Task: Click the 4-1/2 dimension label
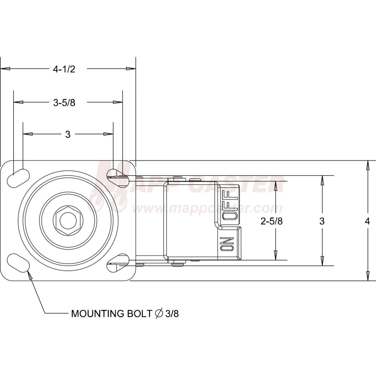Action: coord(64,69)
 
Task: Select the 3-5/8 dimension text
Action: coord(64,103)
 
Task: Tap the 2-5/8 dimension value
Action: coord(272,221)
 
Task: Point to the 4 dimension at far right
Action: coord(367,221)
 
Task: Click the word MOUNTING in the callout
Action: coord(97,314)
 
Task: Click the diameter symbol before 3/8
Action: coord(159,314)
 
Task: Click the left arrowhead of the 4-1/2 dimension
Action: coord(5,69)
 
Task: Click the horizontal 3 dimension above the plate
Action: coord(68,134)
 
